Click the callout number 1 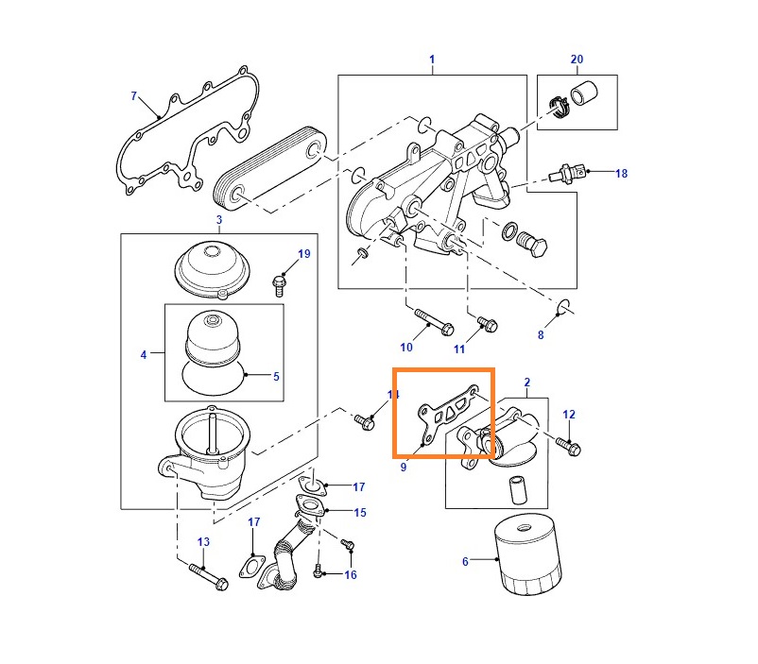pos(432,60)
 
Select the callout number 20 pos(577,60)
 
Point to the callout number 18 pos(621,173)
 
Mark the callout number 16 pos(351,574)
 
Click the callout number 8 pos(541,334)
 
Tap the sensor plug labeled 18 pos(566,174)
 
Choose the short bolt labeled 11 pos(485,323)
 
